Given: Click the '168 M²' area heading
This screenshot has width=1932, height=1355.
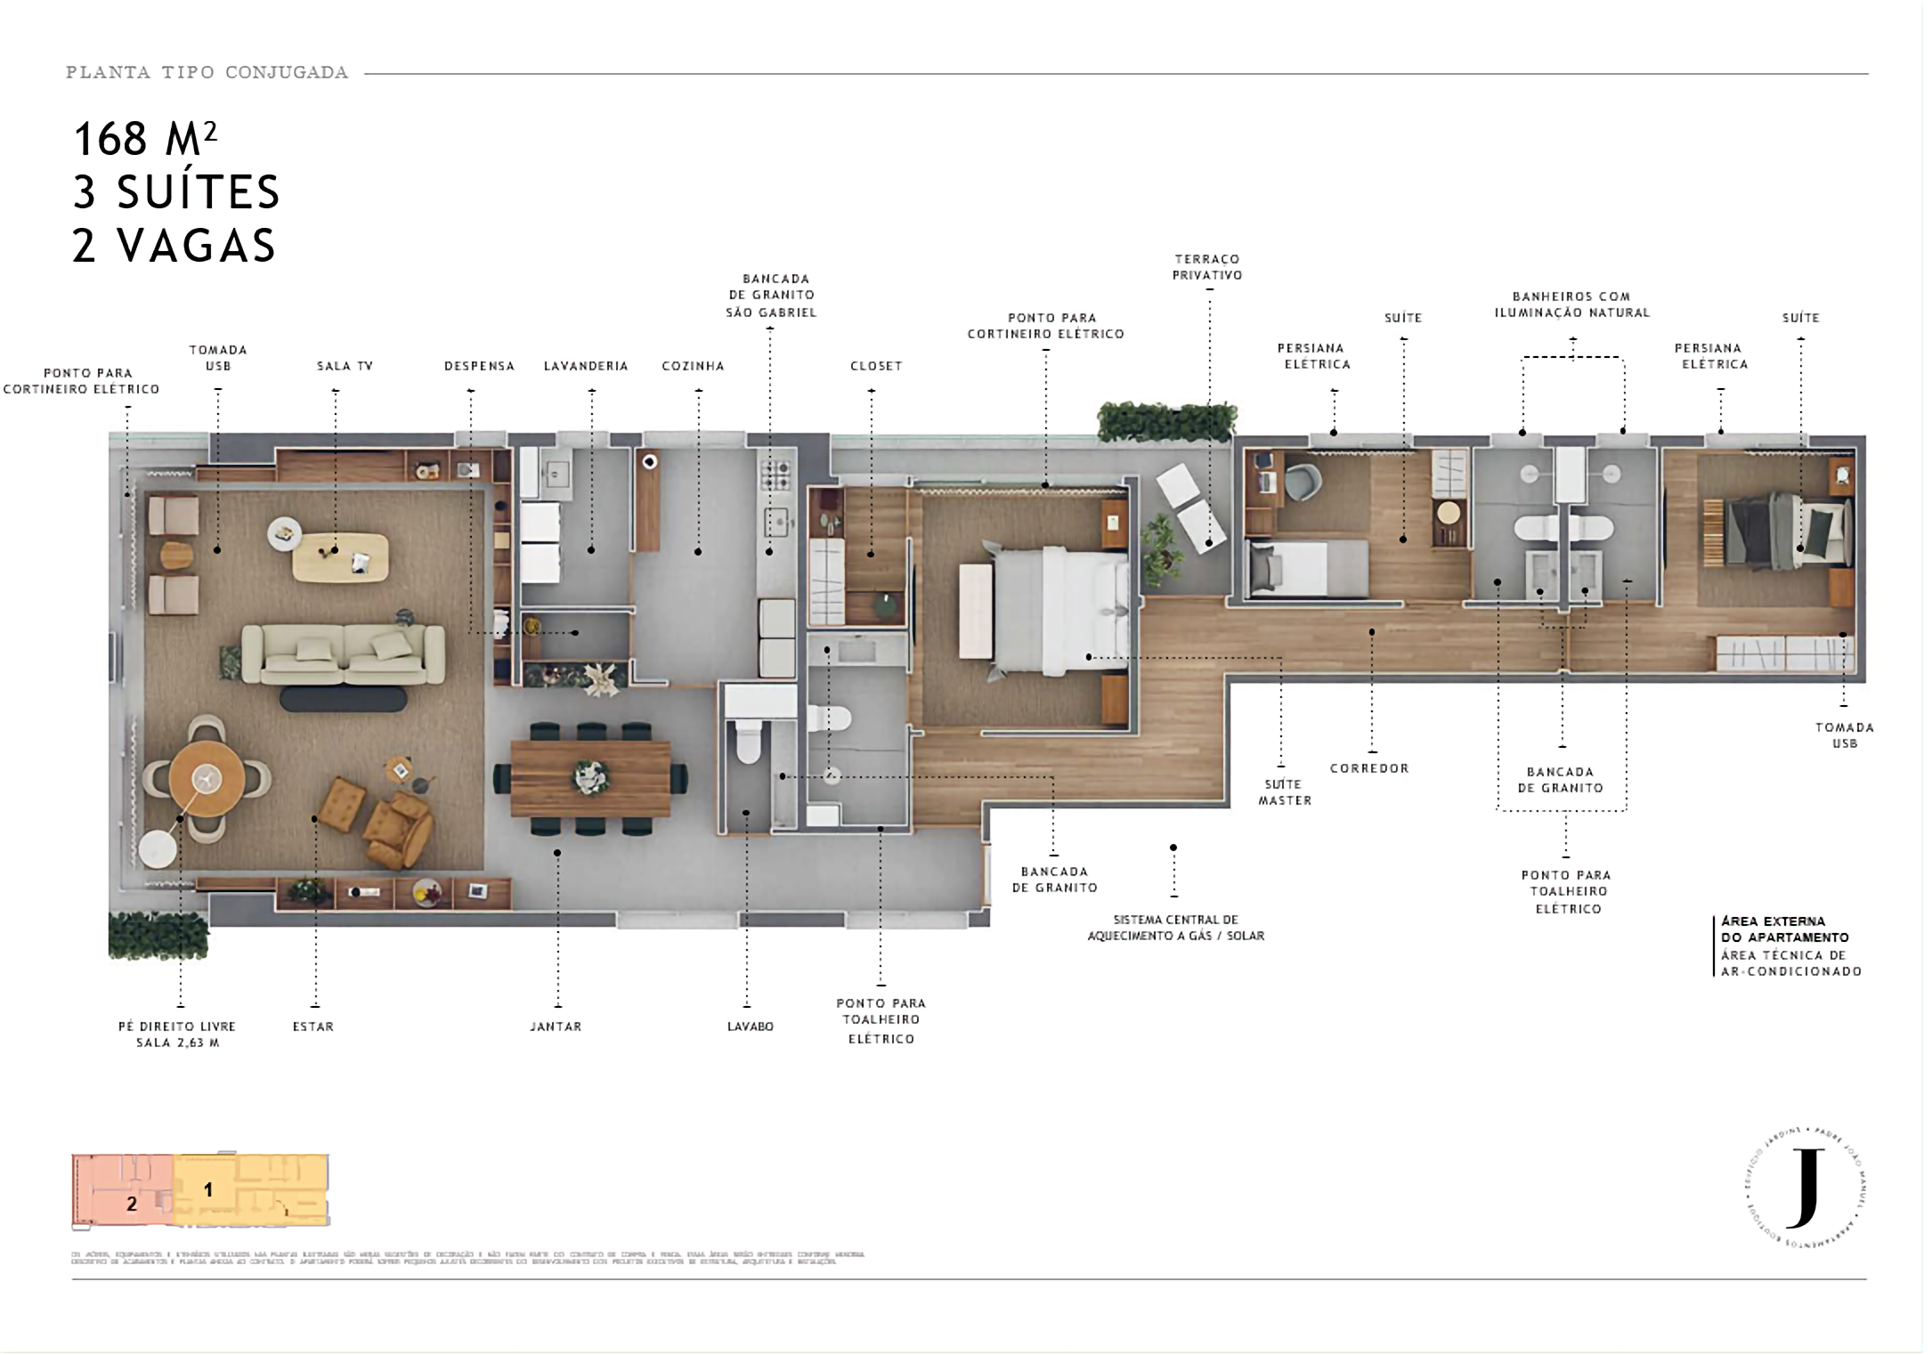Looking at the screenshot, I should [146, 139].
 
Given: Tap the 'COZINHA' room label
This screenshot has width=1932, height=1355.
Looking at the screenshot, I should [693, 366].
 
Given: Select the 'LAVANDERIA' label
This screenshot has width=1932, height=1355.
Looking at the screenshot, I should [586, 366].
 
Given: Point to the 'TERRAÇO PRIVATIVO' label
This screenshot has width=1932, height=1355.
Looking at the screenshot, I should [1206, 268].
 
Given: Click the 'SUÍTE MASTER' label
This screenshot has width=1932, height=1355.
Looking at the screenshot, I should [1284, 792].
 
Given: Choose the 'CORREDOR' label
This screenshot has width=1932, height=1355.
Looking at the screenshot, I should [1368, 768].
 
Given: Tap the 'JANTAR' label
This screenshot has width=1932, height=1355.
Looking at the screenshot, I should [556, 1026].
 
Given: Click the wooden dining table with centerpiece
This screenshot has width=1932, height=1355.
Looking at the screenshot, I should [590, 778].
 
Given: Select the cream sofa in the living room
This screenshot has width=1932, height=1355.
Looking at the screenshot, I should [343, 655].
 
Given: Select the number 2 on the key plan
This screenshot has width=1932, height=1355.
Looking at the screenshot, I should [132, 1205].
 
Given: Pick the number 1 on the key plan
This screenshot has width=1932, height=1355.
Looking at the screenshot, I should [208, 1189].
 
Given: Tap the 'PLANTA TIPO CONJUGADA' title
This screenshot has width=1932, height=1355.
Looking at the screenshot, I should [207, 73].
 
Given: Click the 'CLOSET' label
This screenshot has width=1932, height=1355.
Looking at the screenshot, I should [876, 366].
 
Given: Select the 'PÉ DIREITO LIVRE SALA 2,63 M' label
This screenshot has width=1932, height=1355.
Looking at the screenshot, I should [177, 1035].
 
